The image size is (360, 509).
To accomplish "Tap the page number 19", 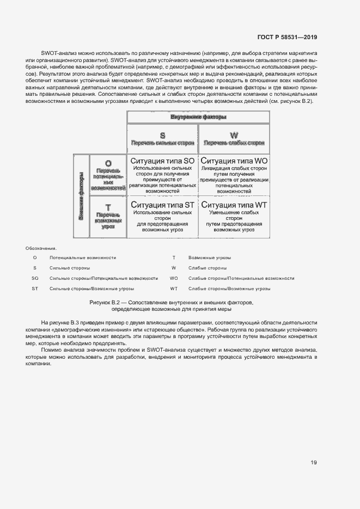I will coord(314,463).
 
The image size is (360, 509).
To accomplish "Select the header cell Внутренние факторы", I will coord(198,117).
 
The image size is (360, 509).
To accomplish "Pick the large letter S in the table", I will coord(162,135).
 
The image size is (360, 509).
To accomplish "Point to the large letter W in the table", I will coord(234,135).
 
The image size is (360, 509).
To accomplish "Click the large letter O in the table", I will coord(108,163).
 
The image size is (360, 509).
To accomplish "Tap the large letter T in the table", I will coord(108,207).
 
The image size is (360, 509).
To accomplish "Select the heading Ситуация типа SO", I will coord(162,161).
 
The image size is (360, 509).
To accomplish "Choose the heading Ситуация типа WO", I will coord(234,161).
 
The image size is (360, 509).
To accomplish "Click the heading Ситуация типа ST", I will coord(162,205).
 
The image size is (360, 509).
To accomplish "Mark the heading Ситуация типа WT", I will coord(234,205).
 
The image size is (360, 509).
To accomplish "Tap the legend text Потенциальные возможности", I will coord(82,257).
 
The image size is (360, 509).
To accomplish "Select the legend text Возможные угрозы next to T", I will coord(209,257).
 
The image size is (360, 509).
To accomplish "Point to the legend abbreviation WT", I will coord(174,289).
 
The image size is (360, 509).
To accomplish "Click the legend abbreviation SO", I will coord(35,278).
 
